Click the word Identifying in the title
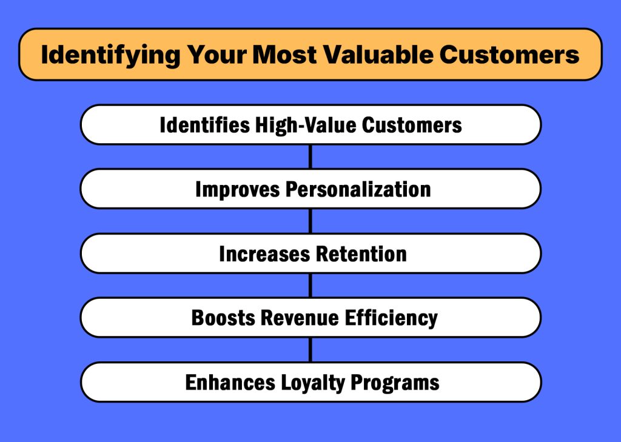pos(110,55)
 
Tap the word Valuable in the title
pos(377,55)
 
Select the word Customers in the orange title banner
pos(510,55)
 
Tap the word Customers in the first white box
pos(412,125)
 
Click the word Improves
pos(238,189)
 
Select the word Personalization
pos(358,189)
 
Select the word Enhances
pos(230,383)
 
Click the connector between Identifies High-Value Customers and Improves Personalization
pos(310,156)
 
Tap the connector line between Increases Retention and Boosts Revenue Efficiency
pos(310,285)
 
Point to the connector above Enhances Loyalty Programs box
pos(310,349)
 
